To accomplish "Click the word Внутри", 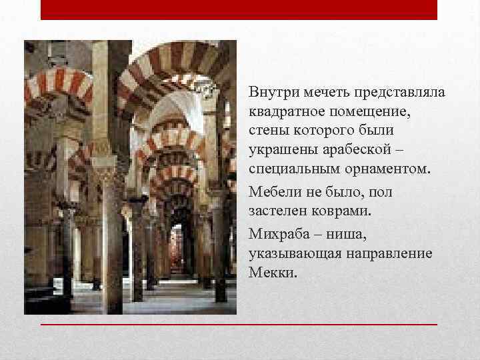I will [x=269, y=91].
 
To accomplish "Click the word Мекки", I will [x=271, y=273].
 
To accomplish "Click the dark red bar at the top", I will [x=239, y=9].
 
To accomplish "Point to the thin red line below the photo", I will [x=239, y=324].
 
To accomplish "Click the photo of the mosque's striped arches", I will [x=131, y=177].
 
